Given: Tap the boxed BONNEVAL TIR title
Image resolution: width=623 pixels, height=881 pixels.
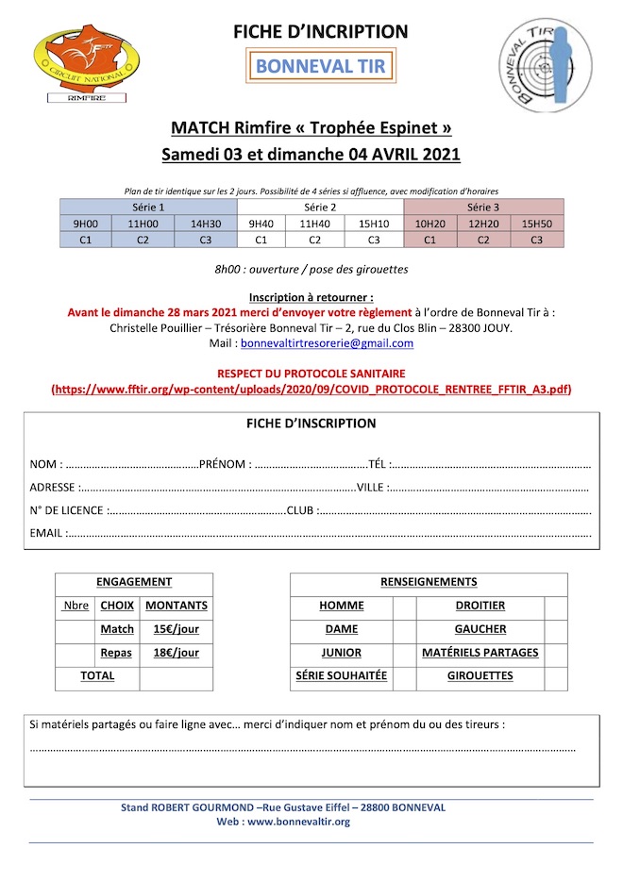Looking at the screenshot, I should [x=321, y=67].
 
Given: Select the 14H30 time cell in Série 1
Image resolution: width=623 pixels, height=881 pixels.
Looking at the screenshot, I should [x=205, y=224].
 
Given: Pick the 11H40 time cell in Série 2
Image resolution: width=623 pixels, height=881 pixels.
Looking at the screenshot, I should [x=315, y=224].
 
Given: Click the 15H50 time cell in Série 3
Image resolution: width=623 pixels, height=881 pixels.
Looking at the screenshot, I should [x=536, y=224].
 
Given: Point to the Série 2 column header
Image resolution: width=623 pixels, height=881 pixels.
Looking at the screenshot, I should [x=320, y=207].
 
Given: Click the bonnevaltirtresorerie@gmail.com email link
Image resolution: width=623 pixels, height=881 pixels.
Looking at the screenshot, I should [x=327, y=343].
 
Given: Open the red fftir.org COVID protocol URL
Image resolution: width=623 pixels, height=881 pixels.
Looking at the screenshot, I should [x=311, y=389].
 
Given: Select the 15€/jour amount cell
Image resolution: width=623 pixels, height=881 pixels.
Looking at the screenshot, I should [x=176, y=629].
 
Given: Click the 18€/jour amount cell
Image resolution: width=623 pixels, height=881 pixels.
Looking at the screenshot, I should [x=176, y=653].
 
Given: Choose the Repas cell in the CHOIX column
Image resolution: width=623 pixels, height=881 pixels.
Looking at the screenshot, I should [x=117, y=653].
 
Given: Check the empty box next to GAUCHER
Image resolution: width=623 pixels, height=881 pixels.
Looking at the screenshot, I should [x=556, y=629].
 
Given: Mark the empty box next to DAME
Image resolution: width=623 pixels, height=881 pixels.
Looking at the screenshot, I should [x=405, y=629].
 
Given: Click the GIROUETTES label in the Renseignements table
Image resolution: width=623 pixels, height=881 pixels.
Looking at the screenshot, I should [x=480, y=676].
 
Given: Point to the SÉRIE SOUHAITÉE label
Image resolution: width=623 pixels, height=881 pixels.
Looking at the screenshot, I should [x=341, y=676].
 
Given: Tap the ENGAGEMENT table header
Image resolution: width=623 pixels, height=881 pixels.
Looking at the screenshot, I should [x=134, y=582].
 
